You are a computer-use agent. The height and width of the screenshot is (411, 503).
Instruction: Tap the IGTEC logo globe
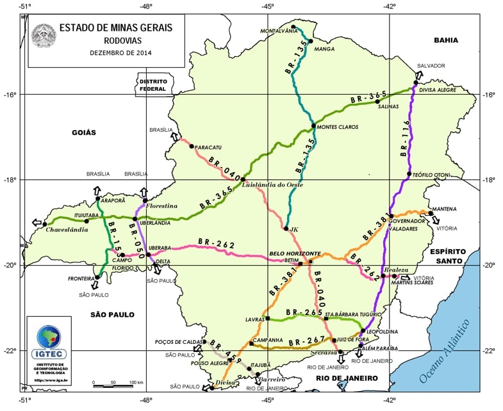click(49, 337)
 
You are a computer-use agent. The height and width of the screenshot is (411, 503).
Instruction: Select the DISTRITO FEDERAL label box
click(153, 86)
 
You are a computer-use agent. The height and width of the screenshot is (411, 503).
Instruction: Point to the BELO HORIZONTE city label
click(294, 254)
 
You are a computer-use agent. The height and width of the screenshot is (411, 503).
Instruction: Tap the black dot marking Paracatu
click(191, 146)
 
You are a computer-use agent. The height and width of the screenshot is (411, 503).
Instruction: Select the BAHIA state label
click(446, 40)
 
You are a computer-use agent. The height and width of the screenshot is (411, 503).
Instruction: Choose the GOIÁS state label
click(80, 133)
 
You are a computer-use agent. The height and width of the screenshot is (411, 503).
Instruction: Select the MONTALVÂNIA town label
click(280, 31)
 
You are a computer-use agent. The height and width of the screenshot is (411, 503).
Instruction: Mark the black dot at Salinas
click(377, 101)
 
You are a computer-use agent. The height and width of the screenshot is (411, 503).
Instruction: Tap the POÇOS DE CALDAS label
click(177, 342)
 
